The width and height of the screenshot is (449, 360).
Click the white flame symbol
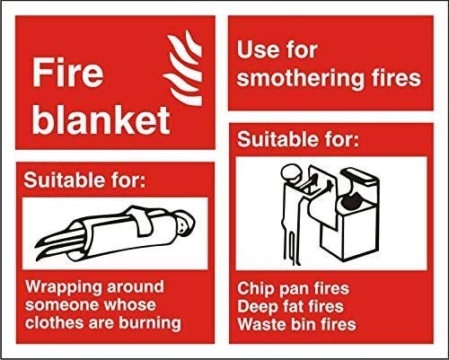coord(182,67)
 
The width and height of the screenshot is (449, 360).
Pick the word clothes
coord(53,322)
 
